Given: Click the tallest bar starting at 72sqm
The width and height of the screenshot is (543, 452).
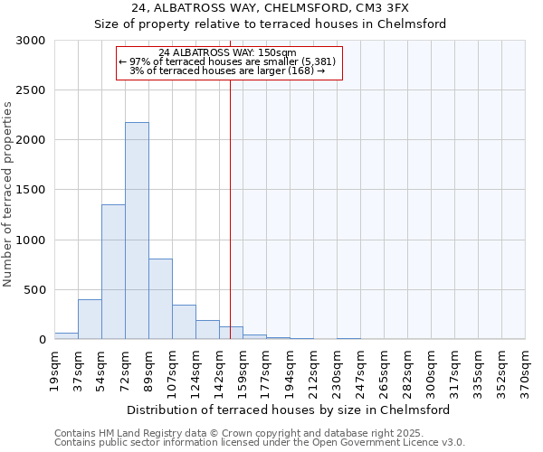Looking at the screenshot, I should (137, 231).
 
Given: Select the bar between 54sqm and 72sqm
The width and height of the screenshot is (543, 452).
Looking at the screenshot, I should (113, 271).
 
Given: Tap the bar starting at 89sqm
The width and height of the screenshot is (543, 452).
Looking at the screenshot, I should (160, 298).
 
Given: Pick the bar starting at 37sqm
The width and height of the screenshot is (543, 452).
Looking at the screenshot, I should (90, 319).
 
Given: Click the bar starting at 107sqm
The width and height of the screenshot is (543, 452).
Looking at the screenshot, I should (184, 322).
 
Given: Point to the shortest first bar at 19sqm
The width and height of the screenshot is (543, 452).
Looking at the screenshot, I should (66, 335).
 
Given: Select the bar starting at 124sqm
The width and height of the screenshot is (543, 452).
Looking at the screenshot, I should (207, 330).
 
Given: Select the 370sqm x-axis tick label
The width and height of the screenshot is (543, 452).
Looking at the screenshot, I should (526, 369).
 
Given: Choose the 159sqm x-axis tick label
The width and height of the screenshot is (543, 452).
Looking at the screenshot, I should (243, 369).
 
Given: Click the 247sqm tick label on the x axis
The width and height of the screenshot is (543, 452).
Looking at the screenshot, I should (361, 369).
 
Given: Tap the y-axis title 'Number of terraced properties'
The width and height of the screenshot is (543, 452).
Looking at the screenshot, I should (8, 193).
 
